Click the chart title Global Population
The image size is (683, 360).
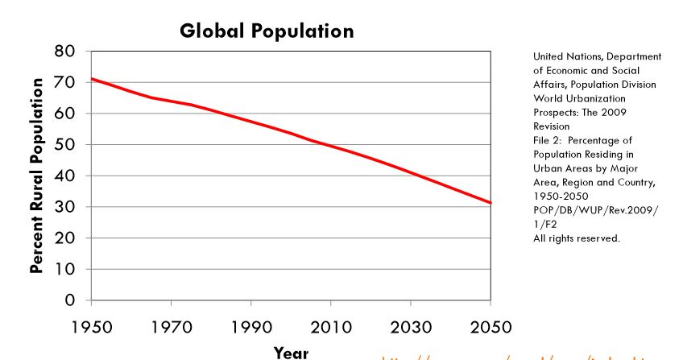tap(267, 31)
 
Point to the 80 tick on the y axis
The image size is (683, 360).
tap(65, 52)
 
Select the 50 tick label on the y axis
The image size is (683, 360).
tap(65, 145)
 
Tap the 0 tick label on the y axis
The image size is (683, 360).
tap(70, 300)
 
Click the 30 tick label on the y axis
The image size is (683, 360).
tap(65, 207)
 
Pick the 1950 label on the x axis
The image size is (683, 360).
tap(91, 328)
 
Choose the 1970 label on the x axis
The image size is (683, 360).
tap(171, 328)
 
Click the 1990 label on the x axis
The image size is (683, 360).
tap(250, 328)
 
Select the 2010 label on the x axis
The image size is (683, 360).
tap(330, 328)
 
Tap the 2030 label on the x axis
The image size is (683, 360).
tap(410, 328)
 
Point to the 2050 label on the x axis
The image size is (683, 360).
tap(490, 328)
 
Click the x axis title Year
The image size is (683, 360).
tap(291, 353)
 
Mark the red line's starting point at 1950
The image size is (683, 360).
tap(93, 79)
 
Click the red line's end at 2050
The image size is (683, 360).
tap(489, 202)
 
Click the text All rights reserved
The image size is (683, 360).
tap(576, 238)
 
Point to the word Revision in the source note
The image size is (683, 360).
tap(551, 126)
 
